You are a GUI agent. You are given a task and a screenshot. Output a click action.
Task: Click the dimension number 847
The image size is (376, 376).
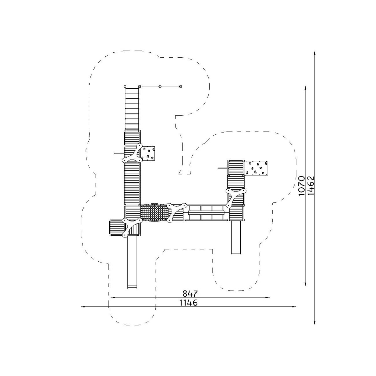(x=190, y=293)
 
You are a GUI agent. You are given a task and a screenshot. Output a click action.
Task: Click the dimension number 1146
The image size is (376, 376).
(x=188, y=303)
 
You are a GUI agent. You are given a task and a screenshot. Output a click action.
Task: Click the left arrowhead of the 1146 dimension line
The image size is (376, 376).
(x=83, y=307)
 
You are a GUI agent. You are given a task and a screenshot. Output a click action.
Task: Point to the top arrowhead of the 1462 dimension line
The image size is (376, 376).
(x=315, y=54)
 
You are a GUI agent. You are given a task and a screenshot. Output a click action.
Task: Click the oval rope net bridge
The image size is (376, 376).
(x=154, y=212)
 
